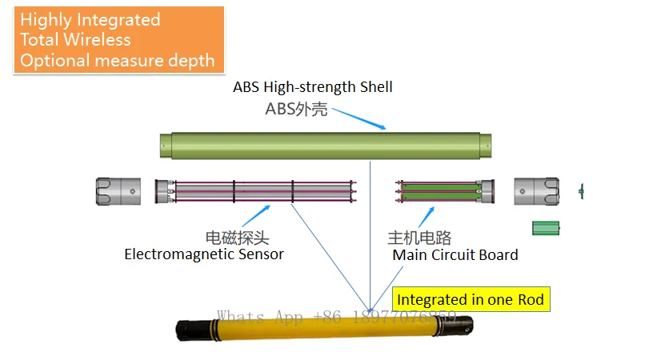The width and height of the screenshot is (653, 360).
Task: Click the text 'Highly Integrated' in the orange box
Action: (90, 20)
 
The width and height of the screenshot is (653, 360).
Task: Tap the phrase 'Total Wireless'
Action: (75, 40)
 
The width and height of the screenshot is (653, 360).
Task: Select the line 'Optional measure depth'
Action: (117, 60)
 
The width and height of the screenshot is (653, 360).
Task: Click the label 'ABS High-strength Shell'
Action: (312, 87)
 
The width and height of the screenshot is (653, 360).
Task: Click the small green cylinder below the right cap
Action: (546, 229)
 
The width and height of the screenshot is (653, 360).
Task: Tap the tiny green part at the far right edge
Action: (581, 190)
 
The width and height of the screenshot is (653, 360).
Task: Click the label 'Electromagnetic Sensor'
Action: (204, 255)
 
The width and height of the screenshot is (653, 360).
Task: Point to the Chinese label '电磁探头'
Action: (237, 238)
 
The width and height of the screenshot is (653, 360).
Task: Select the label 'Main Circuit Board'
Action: (455, 255)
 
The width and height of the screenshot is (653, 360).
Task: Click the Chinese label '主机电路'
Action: (419, 238)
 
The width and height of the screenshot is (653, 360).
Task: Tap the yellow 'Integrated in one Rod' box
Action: (471, 300)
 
